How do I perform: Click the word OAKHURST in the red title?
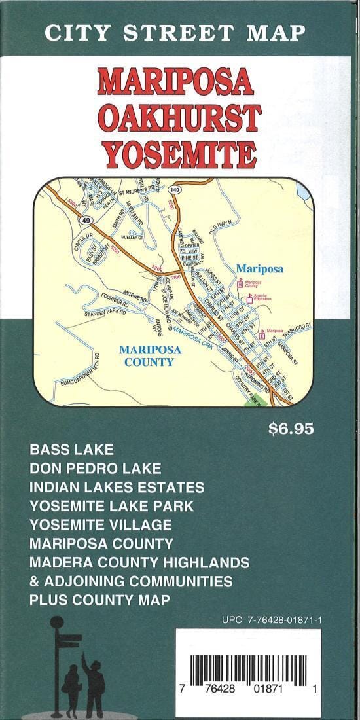(180, 118)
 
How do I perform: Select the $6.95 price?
(291, 429)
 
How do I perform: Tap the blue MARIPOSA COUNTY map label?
(151, 355)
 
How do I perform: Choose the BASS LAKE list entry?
(71, 450)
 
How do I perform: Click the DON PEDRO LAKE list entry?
(95, 469)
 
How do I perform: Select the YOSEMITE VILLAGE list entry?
(100, 525)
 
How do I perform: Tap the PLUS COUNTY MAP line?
(99, 600)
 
